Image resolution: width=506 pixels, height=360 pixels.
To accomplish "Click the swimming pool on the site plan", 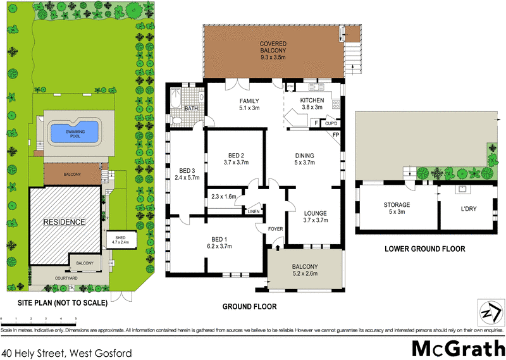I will coord(75,132).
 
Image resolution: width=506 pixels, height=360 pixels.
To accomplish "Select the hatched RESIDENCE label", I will coord(63,222).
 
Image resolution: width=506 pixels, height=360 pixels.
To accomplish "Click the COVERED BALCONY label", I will coord(273,46).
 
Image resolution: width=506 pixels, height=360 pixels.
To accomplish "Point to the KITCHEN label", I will coord(312,101).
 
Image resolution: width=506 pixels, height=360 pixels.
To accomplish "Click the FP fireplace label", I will coord(336,135).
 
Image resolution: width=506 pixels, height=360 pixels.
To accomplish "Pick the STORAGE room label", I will coord(397,205).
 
